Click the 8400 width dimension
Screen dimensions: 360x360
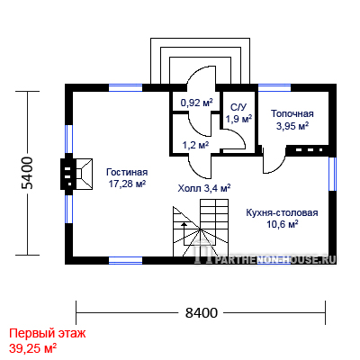click(201, 313)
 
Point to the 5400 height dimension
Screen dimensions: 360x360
click(27, 173)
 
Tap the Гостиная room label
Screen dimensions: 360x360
click(127, 172)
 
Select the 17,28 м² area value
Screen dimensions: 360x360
click(127, 184)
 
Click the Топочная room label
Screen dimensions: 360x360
click(292, 113)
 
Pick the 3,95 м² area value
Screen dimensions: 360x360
click(292, 126)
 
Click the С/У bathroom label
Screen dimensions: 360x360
click(238, 107)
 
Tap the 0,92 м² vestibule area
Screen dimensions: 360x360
click(196, 103)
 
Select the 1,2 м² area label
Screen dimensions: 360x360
click(196, 146)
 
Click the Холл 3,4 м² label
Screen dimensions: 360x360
click(204, 188)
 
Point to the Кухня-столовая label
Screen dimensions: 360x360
click(282, 212)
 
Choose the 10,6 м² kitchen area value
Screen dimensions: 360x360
click(283, 224)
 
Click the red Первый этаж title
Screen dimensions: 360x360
click(48, 333)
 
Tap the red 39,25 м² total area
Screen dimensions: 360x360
click(33, 348)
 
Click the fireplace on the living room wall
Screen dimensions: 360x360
click(76, 174)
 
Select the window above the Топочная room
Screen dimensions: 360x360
click(274, 87)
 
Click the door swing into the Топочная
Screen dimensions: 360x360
click(274, 160)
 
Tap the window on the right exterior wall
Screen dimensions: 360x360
click(332, 174)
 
